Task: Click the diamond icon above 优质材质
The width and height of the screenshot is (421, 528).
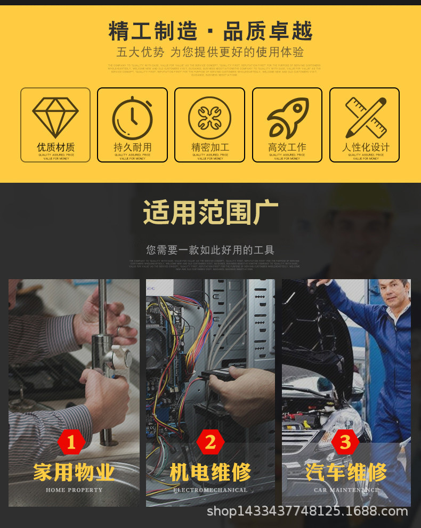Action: (55, 117)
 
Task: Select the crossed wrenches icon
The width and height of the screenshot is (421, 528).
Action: (209, 117)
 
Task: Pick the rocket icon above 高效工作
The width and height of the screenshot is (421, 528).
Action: (287, 117)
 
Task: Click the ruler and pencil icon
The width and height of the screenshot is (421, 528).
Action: (365, 117)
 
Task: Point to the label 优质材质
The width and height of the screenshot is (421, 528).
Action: (55, 147)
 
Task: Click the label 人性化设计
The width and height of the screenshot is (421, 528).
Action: (365, 147)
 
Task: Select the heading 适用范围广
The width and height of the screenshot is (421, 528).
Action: (210, 213)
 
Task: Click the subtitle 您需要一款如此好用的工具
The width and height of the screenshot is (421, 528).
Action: (210, 249)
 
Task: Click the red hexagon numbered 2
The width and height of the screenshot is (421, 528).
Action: (210, 442)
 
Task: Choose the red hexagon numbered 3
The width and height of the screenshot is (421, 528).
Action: (345, 442)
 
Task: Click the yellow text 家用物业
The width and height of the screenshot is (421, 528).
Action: (74, 472)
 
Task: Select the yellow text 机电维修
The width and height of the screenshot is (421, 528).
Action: (210, 472)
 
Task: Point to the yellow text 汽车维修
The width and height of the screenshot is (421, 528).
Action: (346, 472)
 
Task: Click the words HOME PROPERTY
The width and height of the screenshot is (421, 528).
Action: (74, 490)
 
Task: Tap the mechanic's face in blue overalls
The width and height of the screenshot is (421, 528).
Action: (395, 296)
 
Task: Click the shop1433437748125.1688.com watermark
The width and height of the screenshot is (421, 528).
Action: (307, 512)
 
